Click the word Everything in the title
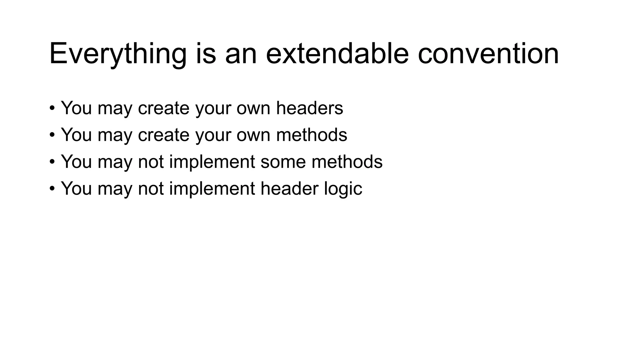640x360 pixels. coord(118,54)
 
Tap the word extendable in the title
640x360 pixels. coord(337,54)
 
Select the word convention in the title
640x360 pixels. coord(488,54)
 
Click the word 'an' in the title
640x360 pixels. coord(241,54)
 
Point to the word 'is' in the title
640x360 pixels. coord(206,54)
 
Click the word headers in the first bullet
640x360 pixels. coord(309,108)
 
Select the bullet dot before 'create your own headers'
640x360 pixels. coord(52,108)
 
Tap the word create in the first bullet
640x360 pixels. coord(163,108)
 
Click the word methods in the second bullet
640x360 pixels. coord(312,135)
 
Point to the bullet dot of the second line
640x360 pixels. coord(52,135)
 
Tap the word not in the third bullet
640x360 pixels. coord(151,162)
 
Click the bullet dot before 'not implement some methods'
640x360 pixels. coord(52,162)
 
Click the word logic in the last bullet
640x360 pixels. coord(343,189)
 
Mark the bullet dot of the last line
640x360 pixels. coord(52,189)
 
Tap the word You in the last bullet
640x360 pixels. coord(76,189)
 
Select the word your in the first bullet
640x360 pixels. coord(213,108)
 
